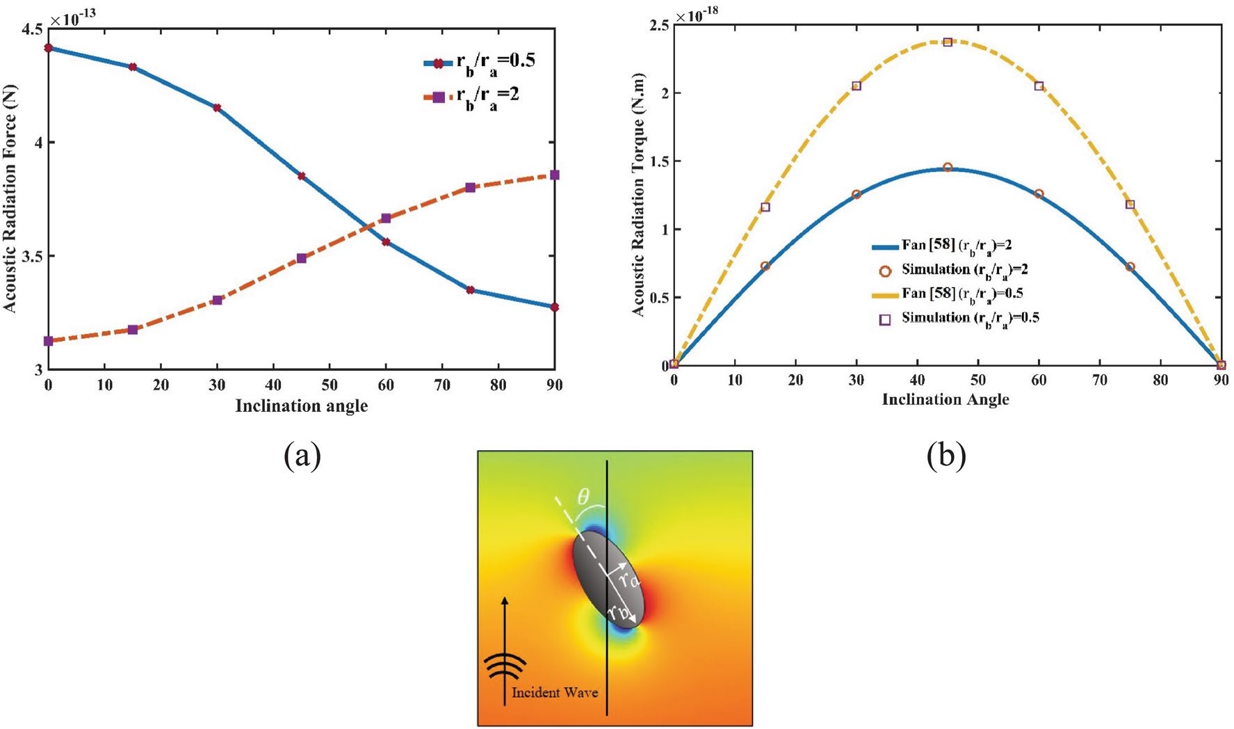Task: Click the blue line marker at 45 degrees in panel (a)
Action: [x=301, y=176]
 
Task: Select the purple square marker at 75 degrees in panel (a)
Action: [x=470, y=187]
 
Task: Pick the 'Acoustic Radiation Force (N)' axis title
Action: [x=10, y=199]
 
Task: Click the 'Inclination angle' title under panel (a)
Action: [x=301, y=406]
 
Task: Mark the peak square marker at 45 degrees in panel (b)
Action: [x=947, y=42]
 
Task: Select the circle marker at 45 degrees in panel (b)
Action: [x=947, y=167]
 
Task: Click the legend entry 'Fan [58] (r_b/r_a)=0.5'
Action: [x=948, y=294]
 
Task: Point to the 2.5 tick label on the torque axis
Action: [x=660, y=25]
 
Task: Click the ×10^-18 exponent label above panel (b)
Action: [x=697, y=13]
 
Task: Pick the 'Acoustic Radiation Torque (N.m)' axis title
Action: [x=638, y=195]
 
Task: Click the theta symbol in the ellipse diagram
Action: [x=583, y=496]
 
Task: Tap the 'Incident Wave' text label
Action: [x=555, y=692]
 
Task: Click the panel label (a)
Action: [x=302, y=456]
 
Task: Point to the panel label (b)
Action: [x=946, y=456]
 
